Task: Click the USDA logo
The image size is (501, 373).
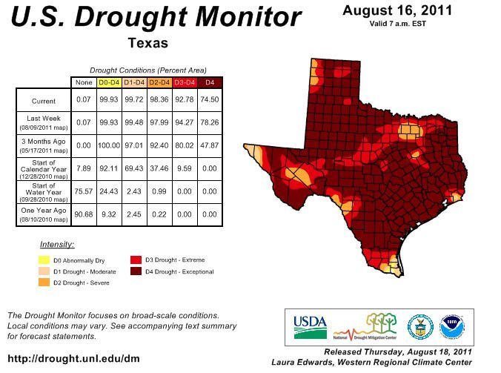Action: pyautogui.click(x=311, y=327)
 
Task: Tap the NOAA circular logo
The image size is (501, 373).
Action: pyautogui.click(x=452, y=327)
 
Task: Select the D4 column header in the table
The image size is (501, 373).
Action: pyautogui.click(x=210, y=82)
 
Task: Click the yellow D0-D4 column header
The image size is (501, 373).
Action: pyautogui.click(x=109, y=82)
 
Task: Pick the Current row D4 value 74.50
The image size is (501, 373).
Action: pyautogui.click(x=210, y=99)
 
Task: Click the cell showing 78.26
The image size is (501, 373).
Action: pyautogui.click(x=210, y=122)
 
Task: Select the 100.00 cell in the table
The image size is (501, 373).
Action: pyautogui.click(x=109, y=145)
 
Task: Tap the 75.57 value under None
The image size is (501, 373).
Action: pyautogui.click(x=84, y=191)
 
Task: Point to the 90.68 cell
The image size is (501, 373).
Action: pyautogui.click(x=84, y=214)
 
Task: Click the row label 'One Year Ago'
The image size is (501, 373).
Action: pyautogui.click(x=44, y=211)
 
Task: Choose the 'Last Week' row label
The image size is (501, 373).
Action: pyautogui.click(x=44, y=118)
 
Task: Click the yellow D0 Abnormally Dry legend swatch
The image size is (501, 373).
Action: pyautogui.click(x=44, y=260)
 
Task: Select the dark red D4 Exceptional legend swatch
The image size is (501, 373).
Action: pyautogui.click(x=136, y=271)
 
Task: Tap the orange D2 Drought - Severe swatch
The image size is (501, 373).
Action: pyautogui.click(x=44, y=282)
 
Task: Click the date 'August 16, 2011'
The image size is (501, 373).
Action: pyautogui.click(x=397, y=10)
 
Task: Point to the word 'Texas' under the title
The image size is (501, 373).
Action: pyautogui.click(x=148, y=43)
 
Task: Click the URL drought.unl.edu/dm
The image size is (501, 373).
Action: pyautogui.click(x=73, y=359)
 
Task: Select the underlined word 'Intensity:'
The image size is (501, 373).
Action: pyautogui.click(x=57, y=245)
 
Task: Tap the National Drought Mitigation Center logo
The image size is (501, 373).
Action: pyautogui.click(x=365, y=327)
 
